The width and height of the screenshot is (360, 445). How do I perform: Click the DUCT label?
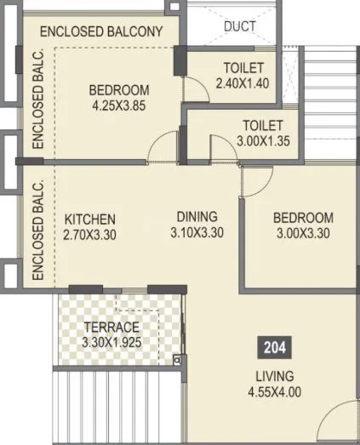(240, 26)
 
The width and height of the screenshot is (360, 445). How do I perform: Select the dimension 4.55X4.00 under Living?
(273, 392)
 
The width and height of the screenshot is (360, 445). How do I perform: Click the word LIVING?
(273, 376)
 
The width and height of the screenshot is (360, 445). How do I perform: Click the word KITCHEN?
(89, 219)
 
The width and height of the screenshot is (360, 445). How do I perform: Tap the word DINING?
(197, 216)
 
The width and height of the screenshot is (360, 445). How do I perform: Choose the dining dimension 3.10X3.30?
(197, 231)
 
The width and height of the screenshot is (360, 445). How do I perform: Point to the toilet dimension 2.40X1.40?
(243, 83)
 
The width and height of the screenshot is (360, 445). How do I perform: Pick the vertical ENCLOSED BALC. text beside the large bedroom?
(37, 108)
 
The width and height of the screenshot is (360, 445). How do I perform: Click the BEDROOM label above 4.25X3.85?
(120, 90)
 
